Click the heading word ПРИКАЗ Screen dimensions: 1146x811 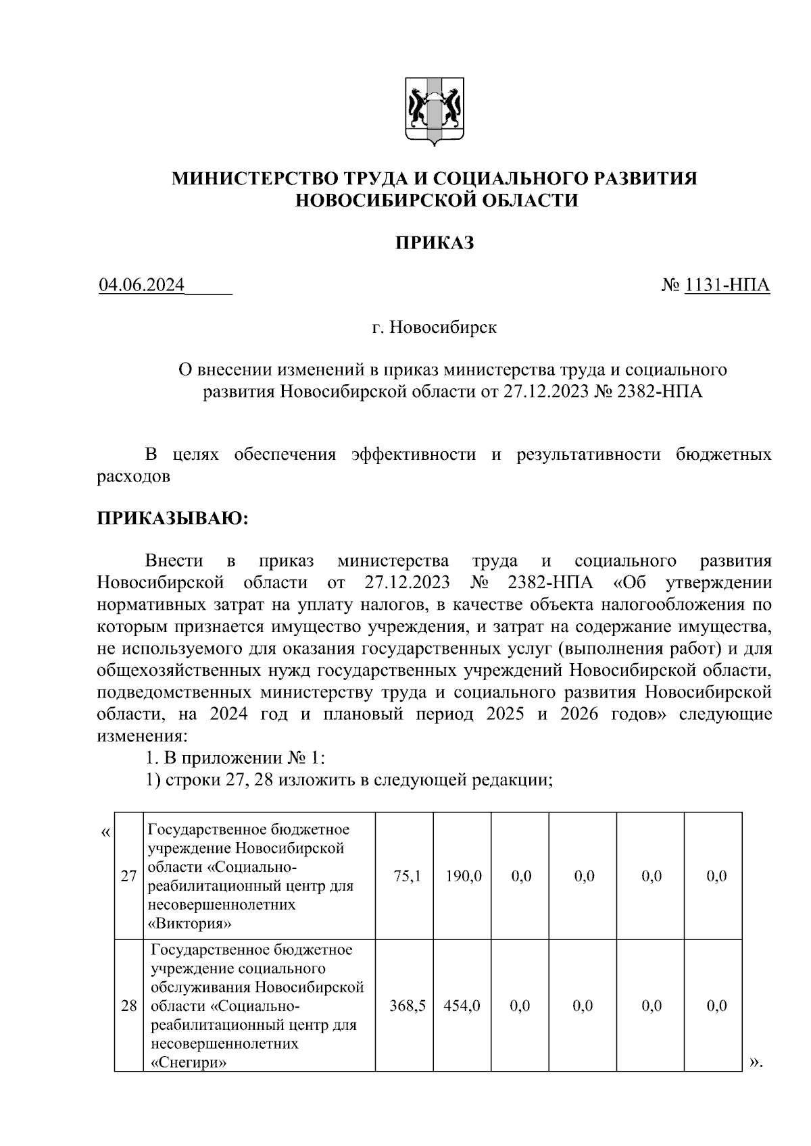(x=434, y=243)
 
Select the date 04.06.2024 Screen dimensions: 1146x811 (x=142, y=286)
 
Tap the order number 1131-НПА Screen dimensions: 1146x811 (x=727, y=286)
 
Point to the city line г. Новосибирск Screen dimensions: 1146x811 (x=434, y=328)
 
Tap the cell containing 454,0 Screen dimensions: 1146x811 (x=462, y=1006)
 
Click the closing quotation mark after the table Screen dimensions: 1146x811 (x=755, y=1063)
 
